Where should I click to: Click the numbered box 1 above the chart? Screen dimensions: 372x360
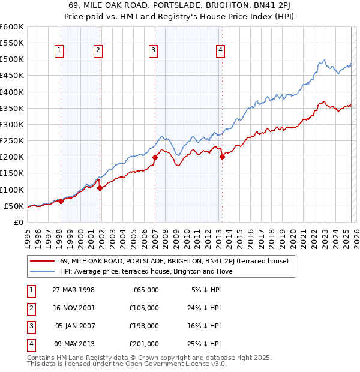(60, 51)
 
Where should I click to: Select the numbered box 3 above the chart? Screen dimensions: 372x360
(154, 51)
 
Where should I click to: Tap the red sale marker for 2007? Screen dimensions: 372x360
(155, 157)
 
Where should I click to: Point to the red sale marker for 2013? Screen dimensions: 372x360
(222, 157)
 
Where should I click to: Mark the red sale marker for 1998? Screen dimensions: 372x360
(61, 202)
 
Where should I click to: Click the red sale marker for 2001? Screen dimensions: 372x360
(100, 188)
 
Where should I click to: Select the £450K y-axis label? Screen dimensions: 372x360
(11, 76)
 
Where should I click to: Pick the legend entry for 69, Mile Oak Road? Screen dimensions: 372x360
(174, 261)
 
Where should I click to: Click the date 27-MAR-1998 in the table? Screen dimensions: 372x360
(74, 290)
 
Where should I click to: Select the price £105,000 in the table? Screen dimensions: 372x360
(144, 308)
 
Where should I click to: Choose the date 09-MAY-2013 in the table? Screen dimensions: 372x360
(74, 344)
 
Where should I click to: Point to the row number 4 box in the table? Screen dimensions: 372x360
(31, 344)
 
